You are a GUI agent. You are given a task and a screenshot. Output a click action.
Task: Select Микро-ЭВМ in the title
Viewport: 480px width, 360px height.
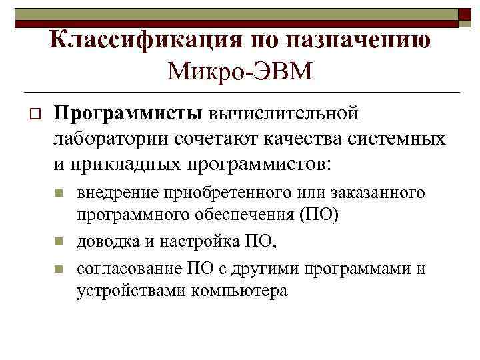point(241,69)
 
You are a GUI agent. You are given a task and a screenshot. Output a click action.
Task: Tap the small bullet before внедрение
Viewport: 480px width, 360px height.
point(58,193)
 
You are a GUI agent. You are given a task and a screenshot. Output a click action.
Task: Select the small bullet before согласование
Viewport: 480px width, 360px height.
point(58,269)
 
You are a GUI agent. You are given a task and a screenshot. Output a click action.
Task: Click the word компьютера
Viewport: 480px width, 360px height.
point(239,291)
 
